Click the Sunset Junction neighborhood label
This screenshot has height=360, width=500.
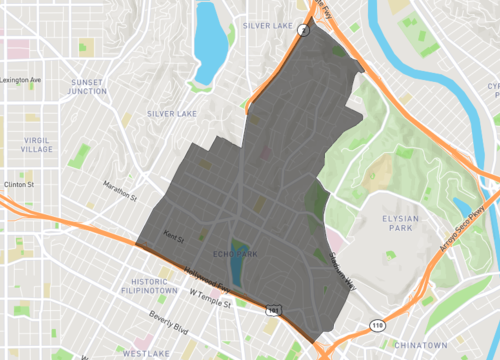pyautogui.click(x=87, y=86)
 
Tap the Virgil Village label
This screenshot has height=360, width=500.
pyautogui.click(x=36, y=143)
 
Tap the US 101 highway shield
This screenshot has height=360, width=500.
pyautogui.click(x=273, y=312)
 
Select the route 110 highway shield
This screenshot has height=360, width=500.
pyautogui.click(x=377, y=325)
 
